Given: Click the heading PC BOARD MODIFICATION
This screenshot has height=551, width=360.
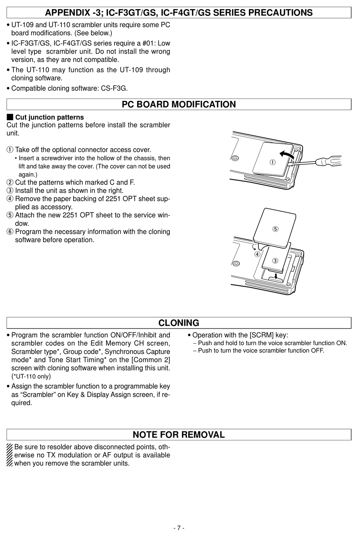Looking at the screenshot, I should [x=178, y=105].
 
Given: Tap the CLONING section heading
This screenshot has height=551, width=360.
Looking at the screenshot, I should [x=178, y=323].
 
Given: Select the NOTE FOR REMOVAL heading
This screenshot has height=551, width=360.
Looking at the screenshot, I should [x=178, y=435].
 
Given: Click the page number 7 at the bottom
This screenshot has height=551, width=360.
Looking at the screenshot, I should [x=178, y=528].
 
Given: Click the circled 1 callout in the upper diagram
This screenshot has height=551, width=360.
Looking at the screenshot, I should [x=272, y=162].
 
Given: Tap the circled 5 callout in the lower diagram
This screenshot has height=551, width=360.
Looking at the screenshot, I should [x=275, y=229].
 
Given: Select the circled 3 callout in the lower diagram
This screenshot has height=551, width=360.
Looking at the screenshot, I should [x=275, y=260].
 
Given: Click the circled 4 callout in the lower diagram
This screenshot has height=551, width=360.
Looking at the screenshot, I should [x=257, y=254].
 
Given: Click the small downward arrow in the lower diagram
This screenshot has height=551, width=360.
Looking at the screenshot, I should [x=276, y=276].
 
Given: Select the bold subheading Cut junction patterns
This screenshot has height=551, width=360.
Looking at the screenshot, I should [x=49, y=117].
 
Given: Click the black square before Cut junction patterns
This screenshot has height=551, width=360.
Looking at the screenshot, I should [x=10, y=117].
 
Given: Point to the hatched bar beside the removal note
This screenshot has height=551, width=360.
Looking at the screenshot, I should [x=9, y=455].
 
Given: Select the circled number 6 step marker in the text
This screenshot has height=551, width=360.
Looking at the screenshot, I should [x=10, y=232].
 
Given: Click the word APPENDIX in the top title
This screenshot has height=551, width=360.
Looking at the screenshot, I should [x=67, y=13].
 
